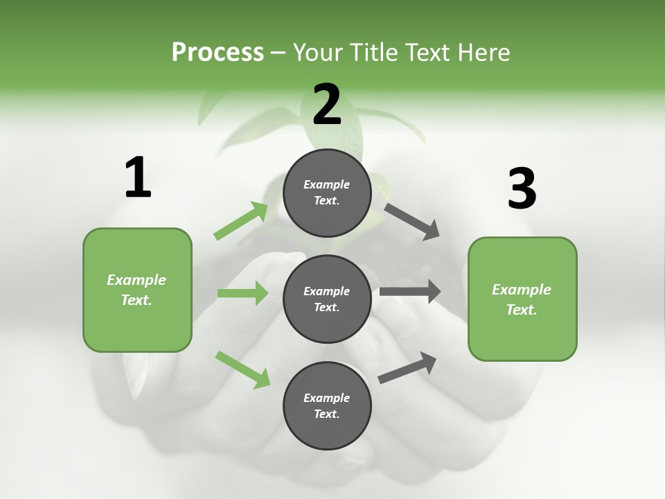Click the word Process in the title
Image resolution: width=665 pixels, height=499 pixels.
218,52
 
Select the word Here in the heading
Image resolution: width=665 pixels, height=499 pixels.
484,52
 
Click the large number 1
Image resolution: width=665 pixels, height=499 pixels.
138,177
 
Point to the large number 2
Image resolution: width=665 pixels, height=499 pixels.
327,104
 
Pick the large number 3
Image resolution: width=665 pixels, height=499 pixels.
522,189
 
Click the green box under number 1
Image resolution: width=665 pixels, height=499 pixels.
137,290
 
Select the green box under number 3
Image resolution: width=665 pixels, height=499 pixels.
522,299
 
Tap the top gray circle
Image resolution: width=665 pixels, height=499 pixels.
327,193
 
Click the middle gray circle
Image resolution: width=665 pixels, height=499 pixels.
327,299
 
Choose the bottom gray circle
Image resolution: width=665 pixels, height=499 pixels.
327,405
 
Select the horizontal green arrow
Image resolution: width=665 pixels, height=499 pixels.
242,293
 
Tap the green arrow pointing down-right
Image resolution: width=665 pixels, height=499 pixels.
243,369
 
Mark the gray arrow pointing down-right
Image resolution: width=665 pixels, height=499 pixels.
411,221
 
